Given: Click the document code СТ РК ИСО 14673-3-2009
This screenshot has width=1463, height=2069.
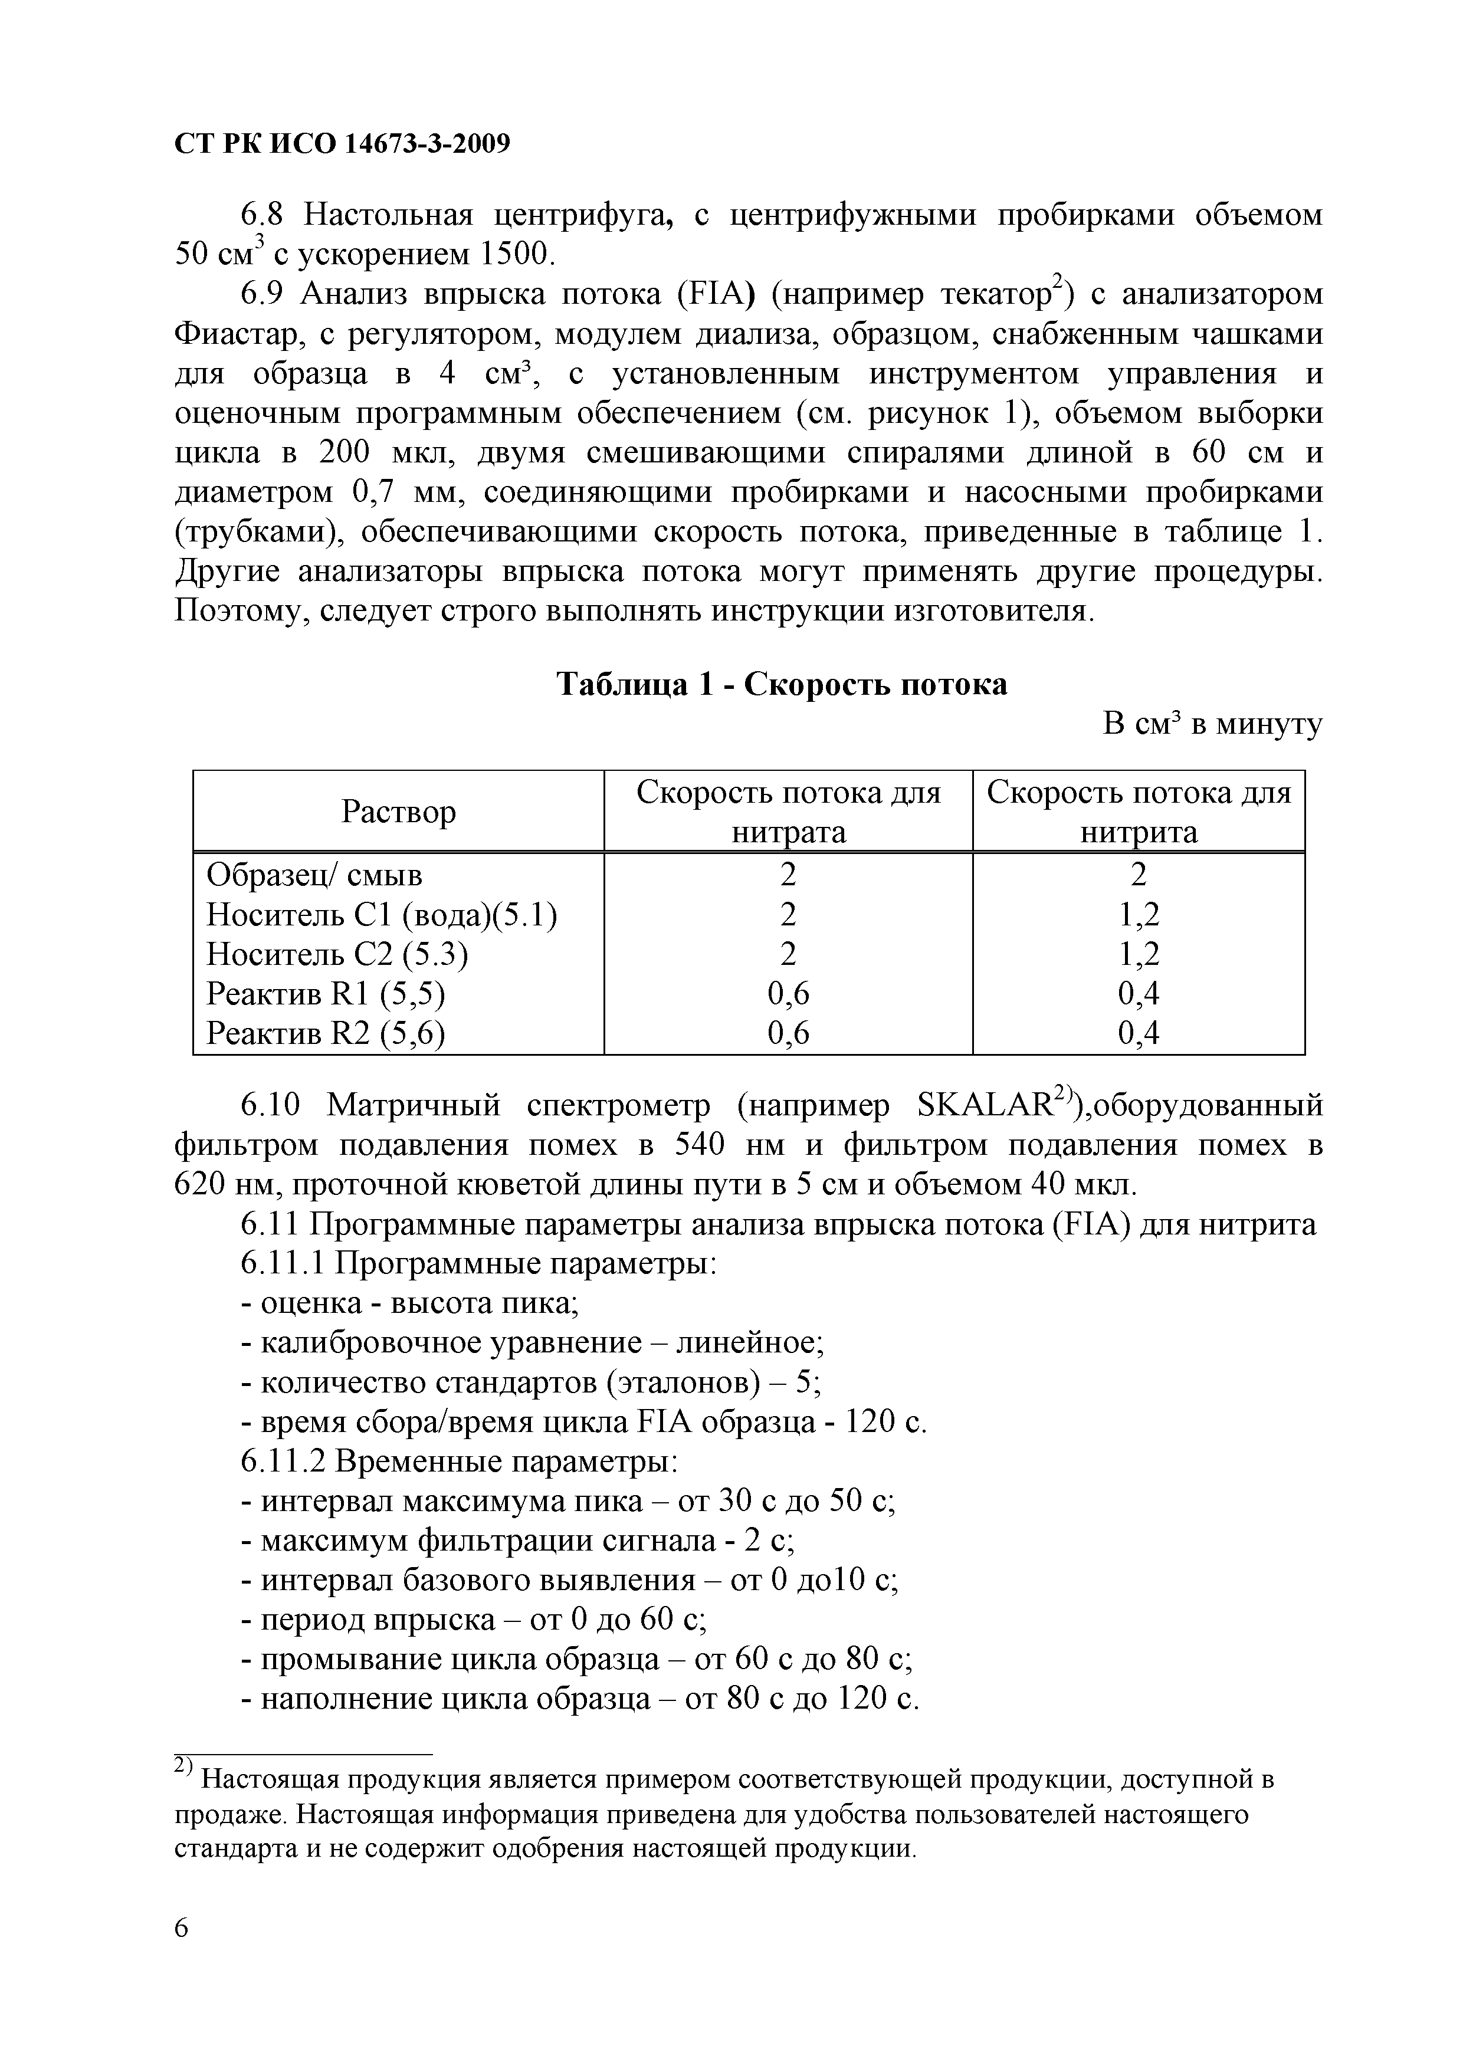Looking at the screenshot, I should tap(342, 143).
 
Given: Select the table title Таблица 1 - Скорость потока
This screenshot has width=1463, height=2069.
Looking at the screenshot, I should tap(782, 685).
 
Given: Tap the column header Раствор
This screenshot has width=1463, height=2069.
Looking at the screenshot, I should tap(398, 812).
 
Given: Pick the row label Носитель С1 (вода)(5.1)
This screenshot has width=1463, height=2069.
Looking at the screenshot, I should tap(381, 915).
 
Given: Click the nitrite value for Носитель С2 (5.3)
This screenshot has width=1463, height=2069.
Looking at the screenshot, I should tap(1139, 954).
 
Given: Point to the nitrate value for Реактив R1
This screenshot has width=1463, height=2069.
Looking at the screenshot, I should tap(788, 994).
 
